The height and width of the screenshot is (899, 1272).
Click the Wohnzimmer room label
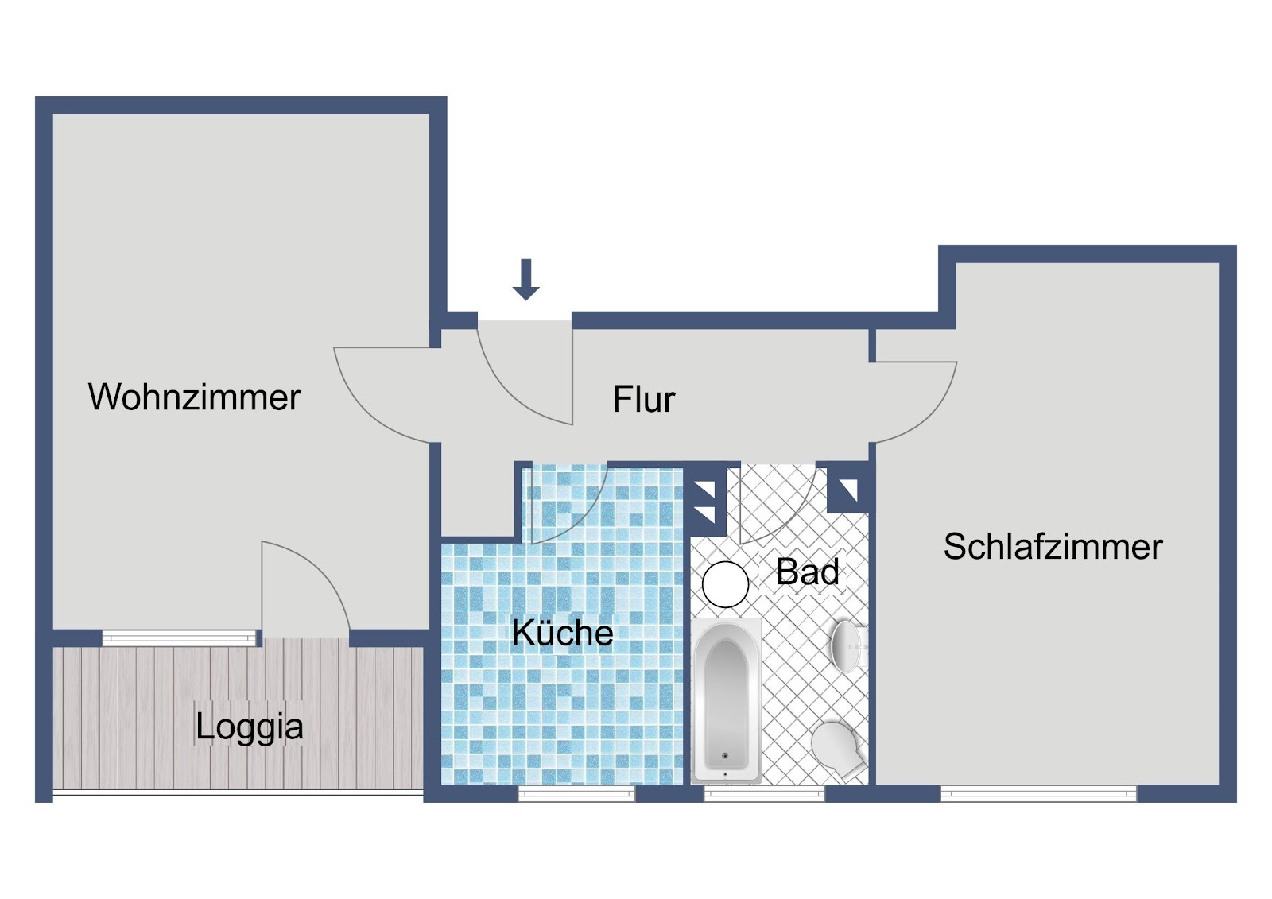pyautogui.click(x=194, y=397)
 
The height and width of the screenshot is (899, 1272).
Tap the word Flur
pyautogui.click(x=644, y=399)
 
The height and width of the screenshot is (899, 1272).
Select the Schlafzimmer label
pyautogui.click(x=1053, y=547)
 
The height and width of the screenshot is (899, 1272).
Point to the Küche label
pyautogui.click(x=562, y=632)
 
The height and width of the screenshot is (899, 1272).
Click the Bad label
pyautogui.click(x=808, y=572)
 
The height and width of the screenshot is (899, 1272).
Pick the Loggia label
pyautogui.click(x=250, y=727)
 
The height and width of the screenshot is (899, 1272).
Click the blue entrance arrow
pyautogui.click(x=525, y=280)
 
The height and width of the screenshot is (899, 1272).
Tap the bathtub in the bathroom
pyautogui.click(x=726, y=699)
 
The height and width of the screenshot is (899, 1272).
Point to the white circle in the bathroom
pyautogui.click(x=725, y=584)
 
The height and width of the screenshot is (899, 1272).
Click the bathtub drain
pyautogui.click(x=725, y=755)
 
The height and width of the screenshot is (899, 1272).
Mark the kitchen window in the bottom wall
pyautogui.click(x=576, y=793)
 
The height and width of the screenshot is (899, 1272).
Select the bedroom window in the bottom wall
pyautogui.click(x=1038, y=793)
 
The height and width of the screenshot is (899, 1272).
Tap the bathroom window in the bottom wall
pyautogui.click(x=764, y=793)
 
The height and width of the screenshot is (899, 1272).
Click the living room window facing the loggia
pyautogui.click(x=180, y=637)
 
